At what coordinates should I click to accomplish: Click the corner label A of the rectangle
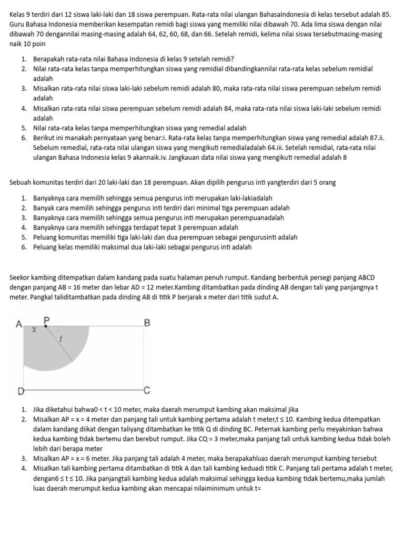(x=18, y=324)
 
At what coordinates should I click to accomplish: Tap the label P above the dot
(x=46, y=319)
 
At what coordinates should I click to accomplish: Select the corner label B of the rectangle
(x=147, y=323)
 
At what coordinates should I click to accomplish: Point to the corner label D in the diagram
(x=21, y=391)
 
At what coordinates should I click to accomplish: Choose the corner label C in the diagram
(x=147, y=390)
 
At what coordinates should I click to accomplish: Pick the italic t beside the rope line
(x=62, y=339)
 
